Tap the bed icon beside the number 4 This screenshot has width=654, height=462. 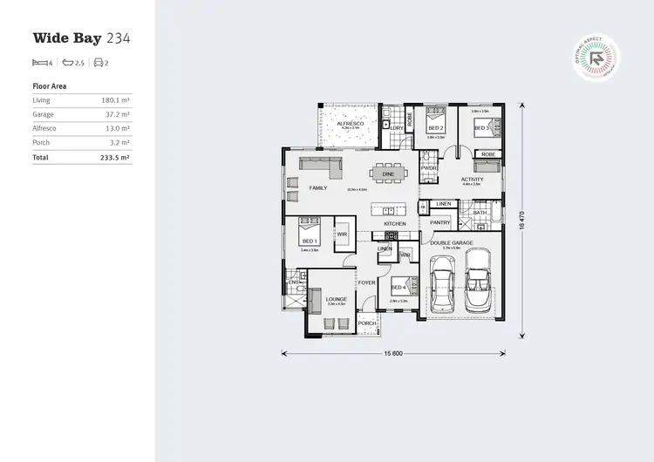(39, 63)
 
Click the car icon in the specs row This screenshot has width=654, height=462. (99, 63)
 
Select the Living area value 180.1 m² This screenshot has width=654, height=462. (116, 100)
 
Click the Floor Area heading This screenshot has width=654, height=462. (49, 86)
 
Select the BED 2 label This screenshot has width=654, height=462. (435, 127)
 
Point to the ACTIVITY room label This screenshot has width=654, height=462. (471, 179)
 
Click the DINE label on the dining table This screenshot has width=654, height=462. (389, 173)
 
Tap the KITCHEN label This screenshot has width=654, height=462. (395, 223)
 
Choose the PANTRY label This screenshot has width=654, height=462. (439, 222)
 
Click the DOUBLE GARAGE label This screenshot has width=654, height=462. (452, 243)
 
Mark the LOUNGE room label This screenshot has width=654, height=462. (337, 299)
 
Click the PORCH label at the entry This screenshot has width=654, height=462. (366, 323)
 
